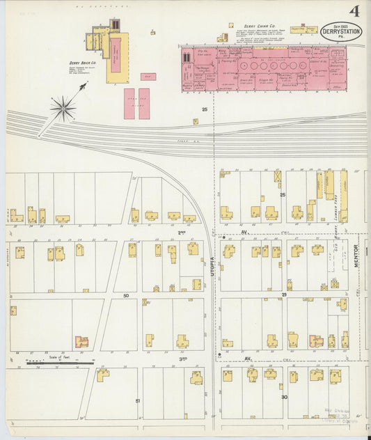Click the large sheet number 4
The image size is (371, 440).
pyautogui.click(x=355, y=11)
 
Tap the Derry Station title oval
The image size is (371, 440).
pyautogui.click(x=341, y=31)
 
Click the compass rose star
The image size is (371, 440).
pyautogui.click(x=63, y=108)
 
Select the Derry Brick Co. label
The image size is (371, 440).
pyautogui.click(x=83, y=63)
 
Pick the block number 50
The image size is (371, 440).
pyautogui.click(x=126, y=296)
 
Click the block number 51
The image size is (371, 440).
pyautogui.click(x=138, y=401)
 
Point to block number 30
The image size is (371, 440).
pyautogui.click(x=284, y=397)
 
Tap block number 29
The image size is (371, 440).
pyautogui.click(x=284, y=296)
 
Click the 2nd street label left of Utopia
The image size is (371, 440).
pyautogui.click(x=182, y=232)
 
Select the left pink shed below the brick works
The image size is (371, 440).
pyautogui.click(x=129, y=103)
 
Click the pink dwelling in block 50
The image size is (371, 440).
pyautogui.click(x=81, y=342)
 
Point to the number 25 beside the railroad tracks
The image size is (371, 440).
pyautogui.click(x=205, y=109)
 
